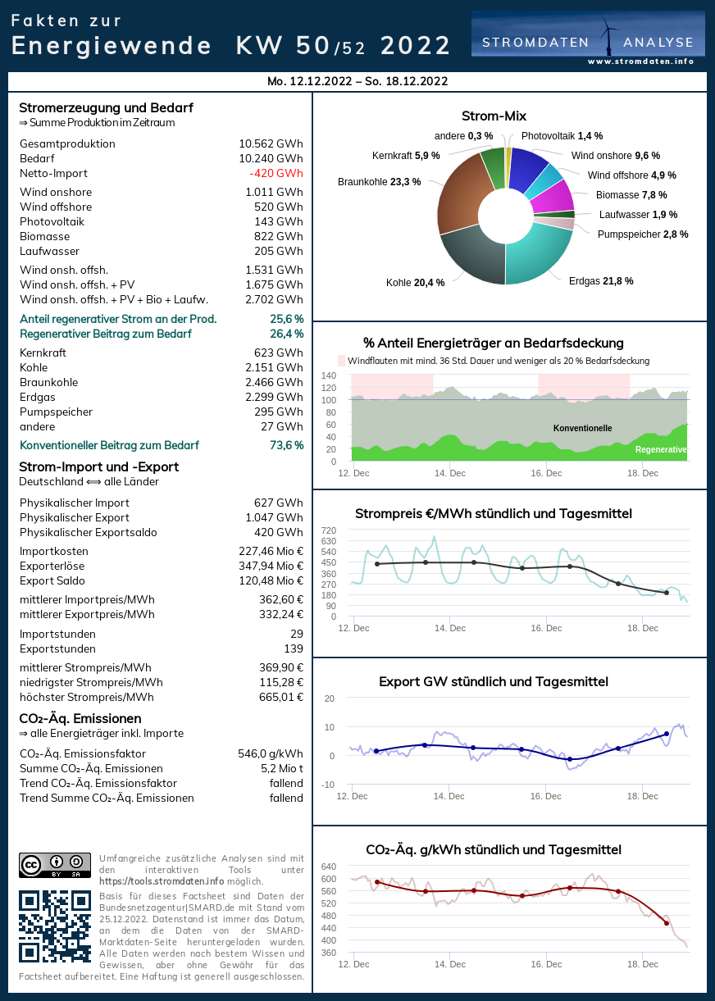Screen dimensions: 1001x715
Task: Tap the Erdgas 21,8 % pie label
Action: pyautogui.click(x=601, y=281)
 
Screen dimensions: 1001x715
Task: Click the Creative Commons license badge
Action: pyautogui.click(x=55, y=866)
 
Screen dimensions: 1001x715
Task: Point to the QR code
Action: pyautogui.click(x=55, y=926)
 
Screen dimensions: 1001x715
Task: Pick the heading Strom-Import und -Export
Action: pyautogui.click(x=98, y=467)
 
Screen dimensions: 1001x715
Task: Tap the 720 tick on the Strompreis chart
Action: pyautogui.click(x=328, y=530)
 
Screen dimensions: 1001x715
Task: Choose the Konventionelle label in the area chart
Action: pyautogui.click(x=582, y=429)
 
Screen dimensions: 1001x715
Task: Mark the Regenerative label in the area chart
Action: pyautogui.click(x=660, y=450)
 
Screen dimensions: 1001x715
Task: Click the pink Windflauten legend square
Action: pyautogui.click(x=342, y=361)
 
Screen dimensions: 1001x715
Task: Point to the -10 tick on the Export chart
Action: pyautogui.click(x=328, y=785)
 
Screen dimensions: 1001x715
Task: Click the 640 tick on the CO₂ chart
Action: pyautogui.click(x=328, y=867)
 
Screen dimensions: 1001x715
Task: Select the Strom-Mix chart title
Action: pyautogui.click(x=494, y=116)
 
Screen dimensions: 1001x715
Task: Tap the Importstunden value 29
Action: pyautogui.click(x=296, y=635)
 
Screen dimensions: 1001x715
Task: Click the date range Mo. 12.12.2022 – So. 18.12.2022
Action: pyautogui.click(x=357, y=81)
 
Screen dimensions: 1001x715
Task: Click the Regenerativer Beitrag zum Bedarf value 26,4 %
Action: pyautogui.click(x=286, y=334)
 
